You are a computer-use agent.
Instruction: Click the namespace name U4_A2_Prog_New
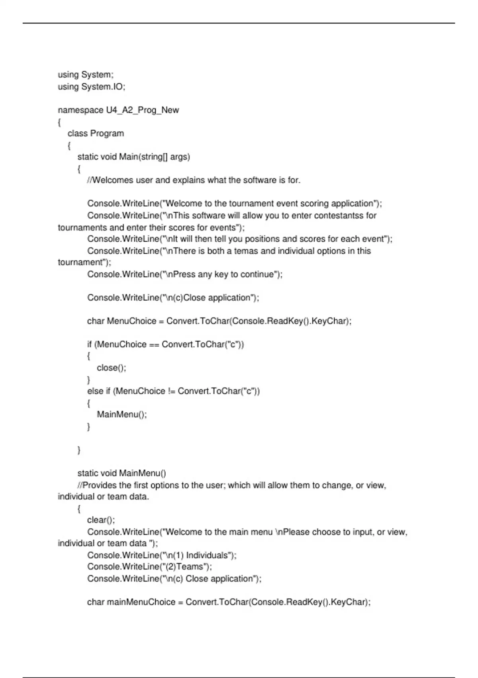pyautogui.click(x=142, y=110)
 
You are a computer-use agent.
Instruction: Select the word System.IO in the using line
pyautogui.click(x=103, y=87)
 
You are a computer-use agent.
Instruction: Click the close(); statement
pyautogui.click(x=112, y=368)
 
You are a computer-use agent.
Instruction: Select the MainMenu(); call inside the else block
pyautogui.click(x=122, y=414)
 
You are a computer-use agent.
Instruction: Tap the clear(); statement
pyautogui.click(x=101, y=520)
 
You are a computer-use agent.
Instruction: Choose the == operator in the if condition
pyautogui.click(x=154, y=345)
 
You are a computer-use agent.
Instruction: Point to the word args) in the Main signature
pyautogui.click(x=180, y=157)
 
